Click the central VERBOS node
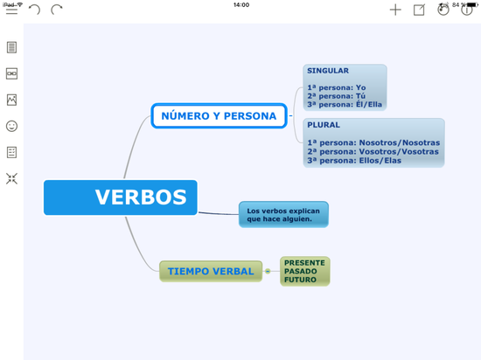tap(121, 197)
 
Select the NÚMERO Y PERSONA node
tap(219, 115)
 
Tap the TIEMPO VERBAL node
tap(211, 271)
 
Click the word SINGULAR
tap(328, 72)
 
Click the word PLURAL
tap(324, 125)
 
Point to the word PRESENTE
tap(304, 262)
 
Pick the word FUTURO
tap(300, 280)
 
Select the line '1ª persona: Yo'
tap(336, 87)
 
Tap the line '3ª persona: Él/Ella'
tap(345, 104)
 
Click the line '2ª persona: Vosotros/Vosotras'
tap(373, 151)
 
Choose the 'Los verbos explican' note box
tap(283, 214)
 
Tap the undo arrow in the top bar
tap(34, 10)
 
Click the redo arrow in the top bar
tap(57, 10)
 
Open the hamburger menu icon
tap(11, 10)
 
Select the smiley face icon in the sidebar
tap(11, 126)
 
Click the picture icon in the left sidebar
tap(11, 100)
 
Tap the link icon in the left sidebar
tap(11, 73)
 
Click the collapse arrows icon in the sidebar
tap(11, 178)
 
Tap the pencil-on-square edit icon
tap(419, 10)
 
